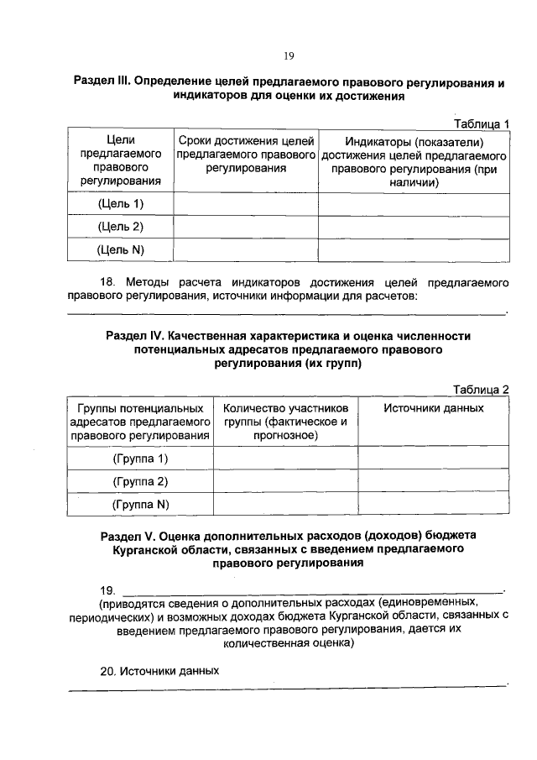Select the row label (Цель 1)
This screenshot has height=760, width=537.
pyautogui.click(x=121, y=204)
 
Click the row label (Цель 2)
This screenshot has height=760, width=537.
pyautogui.click(x=121, y=227)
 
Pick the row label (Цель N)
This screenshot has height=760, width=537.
pyautogui.click(x=121, y=249)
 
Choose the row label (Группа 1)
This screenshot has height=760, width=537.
pyautogui.click(x=140, y=459)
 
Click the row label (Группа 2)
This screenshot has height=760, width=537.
pyautogui.click(x=140, y=481)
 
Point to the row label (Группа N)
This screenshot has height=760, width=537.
pyautogui.click(x=140, y=504)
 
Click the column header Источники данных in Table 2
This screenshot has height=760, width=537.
pyautogui.click(x=433, y=407)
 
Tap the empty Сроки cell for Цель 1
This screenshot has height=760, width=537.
pyautogui.click(x=246, y=204)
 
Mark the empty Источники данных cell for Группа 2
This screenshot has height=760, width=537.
pyautogui.click(x=433, y=481)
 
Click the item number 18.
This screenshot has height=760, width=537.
pyautogui.click(x=107, y=283)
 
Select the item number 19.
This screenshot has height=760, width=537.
pyautogui.click(x=107, y=590)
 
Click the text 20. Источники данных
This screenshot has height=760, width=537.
pyautogui.click(x=159, y=671)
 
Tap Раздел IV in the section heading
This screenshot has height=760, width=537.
pyautogui.click(x=134, y=335)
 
